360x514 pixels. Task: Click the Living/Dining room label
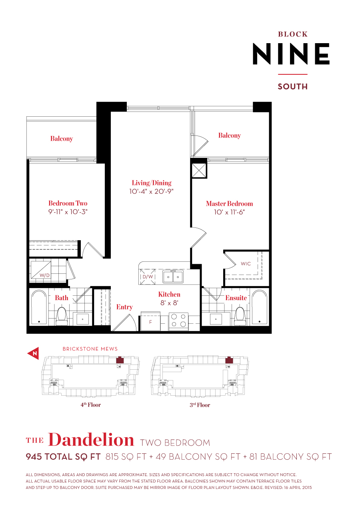point(152,183)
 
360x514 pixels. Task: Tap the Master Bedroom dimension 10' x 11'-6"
point(229,212)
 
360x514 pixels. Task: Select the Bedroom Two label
point(68,203)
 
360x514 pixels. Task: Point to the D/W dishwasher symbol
point(146,277)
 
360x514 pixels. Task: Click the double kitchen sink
point(173,277)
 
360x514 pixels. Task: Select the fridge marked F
point(150,321)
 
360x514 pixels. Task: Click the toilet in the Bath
point(62,315)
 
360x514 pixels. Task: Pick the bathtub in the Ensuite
point(259,307)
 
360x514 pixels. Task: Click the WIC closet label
point(246,264)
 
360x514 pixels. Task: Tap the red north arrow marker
point(33,353)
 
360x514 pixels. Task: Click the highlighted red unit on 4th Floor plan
point(119,360)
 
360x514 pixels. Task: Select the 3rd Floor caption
point(200,405)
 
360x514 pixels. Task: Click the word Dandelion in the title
point(91,440)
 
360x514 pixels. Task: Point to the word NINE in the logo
point(291,54)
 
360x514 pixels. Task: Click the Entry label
point(124,307)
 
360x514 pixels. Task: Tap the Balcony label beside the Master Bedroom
point(229,135)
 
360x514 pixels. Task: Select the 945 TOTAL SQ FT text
point(63,456)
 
